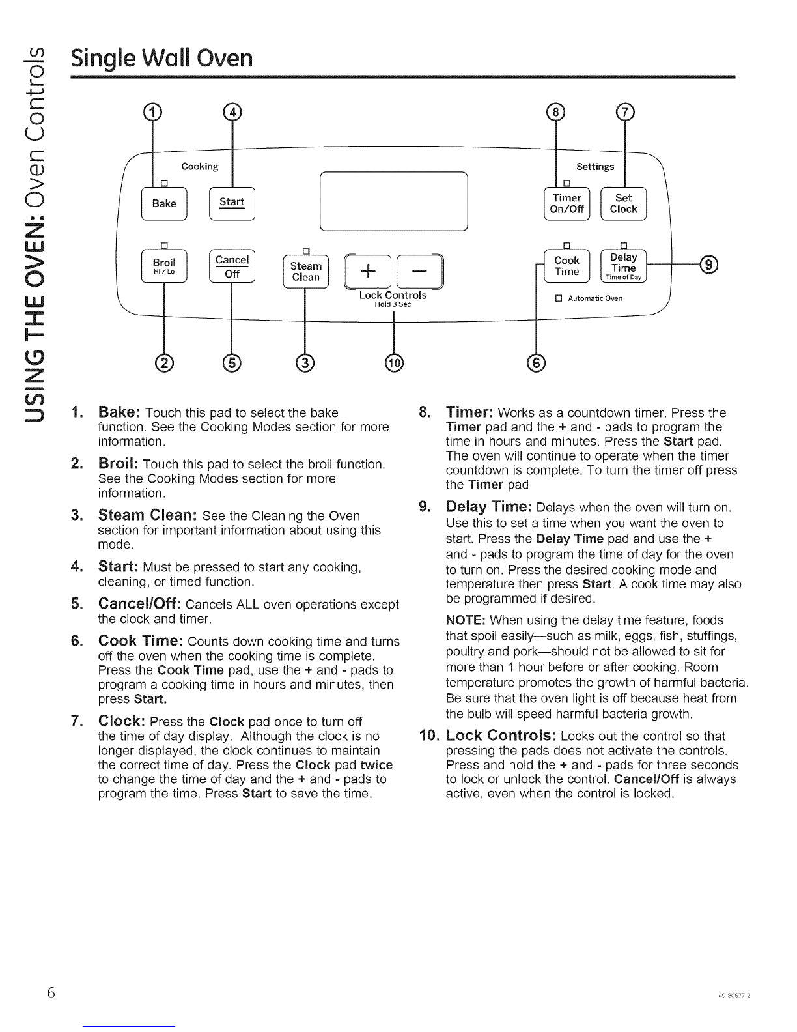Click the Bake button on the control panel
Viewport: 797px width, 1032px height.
[164, 203]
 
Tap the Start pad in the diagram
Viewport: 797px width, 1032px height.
[232, 203]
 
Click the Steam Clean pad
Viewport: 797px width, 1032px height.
[305, 272]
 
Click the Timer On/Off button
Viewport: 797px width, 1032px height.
[566, 203]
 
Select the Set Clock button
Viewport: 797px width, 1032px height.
[623, 203]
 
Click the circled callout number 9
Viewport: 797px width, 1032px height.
[708, 264]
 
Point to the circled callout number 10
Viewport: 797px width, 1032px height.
[395, 363]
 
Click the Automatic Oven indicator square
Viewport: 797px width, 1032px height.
[557, 299]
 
